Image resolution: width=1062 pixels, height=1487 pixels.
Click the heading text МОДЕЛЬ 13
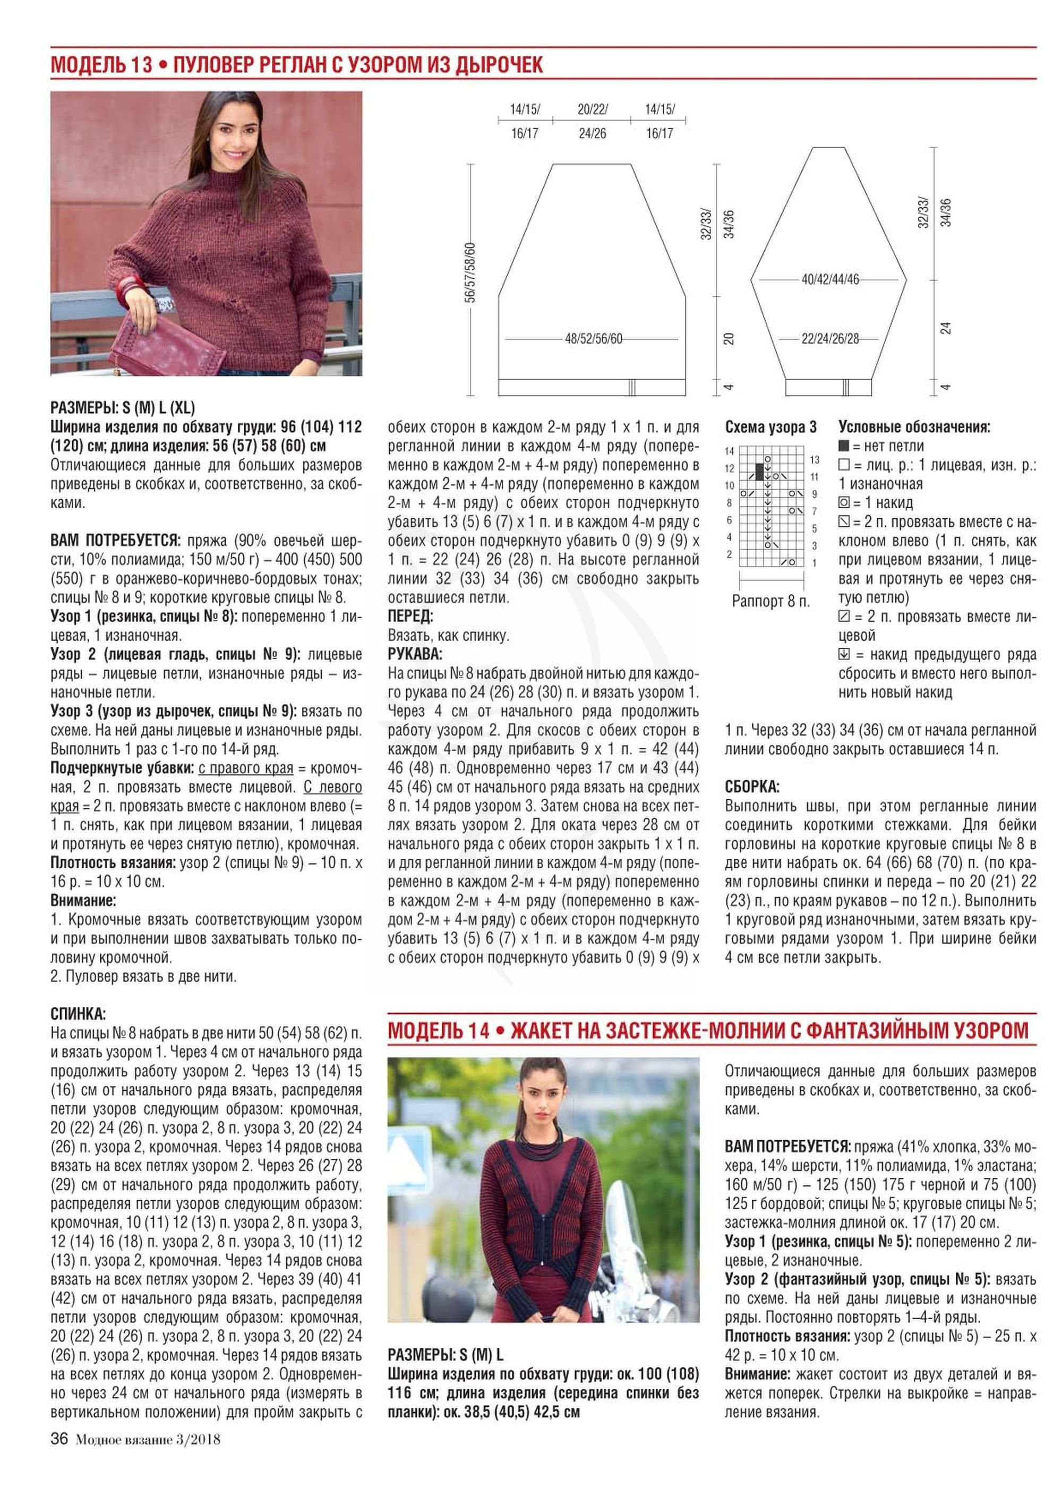[101, 65]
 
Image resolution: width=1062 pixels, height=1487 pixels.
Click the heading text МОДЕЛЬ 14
[438, 1031]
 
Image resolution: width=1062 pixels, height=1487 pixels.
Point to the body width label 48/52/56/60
[593, 339]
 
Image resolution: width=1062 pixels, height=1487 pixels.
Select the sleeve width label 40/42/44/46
[830, 279]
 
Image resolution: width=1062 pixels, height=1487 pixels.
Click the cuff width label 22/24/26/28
[830, 339]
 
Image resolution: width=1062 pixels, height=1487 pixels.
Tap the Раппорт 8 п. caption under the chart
[770, 602]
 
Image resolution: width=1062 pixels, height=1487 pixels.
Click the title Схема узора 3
[770, 428]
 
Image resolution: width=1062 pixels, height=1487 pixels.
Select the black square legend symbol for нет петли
[844, 447]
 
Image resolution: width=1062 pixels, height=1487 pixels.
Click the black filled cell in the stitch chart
[759, 472]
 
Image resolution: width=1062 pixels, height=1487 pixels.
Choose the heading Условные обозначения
[914, 428]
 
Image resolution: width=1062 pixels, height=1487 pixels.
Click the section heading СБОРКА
[752, 787]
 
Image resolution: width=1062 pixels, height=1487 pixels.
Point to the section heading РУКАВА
[415, 654]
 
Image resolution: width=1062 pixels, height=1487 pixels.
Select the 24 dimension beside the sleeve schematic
[946, 328]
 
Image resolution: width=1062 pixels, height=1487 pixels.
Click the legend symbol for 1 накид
[844, 503]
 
